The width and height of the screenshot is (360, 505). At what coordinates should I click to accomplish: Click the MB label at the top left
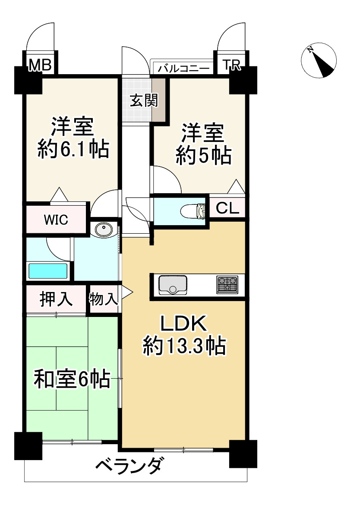pos(40,66)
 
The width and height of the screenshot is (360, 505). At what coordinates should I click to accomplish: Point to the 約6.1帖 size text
pos(73,150)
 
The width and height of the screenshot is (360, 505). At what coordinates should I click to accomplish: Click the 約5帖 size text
pos(203,156)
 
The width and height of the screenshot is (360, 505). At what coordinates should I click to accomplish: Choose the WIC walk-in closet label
pos(56,220)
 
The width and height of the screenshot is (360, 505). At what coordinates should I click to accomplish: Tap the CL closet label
pos(227,209)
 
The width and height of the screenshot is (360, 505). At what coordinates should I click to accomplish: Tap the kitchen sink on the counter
pos(173,285)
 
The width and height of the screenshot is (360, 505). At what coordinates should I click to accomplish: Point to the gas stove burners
pos(227,285)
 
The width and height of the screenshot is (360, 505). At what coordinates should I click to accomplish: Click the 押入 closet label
pos(56,299)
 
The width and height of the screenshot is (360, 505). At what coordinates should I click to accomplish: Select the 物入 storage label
pos(104,299)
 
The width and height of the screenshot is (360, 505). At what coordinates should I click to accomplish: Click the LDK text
pos(184,323)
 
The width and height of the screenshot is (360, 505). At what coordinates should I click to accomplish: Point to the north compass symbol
pos(320,60)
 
